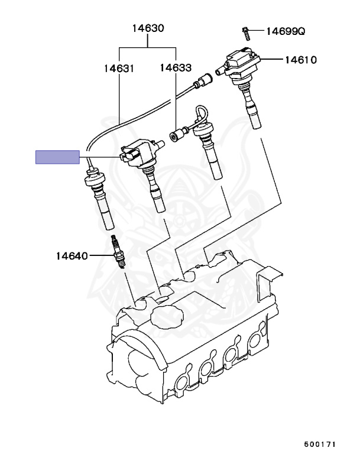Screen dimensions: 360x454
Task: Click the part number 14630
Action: (148, 28)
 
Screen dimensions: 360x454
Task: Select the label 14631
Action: (120, 68)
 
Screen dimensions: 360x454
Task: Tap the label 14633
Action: (175, 68)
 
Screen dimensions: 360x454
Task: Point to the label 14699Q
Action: (285, 30)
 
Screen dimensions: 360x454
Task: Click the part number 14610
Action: (301, 59)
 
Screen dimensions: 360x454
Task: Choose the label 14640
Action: (72, 256)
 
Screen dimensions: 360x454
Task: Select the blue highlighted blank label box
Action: (57, 157)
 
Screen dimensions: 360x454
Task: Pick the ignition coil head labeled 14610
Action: (240, 64)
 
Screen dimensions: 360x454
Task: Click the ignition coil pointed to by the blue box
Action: (141, 155)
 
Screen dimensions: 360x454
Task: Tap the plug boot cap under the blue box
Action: (95, 177)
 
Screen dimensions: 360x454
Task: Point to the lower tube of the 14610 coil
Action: (254, 112)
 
